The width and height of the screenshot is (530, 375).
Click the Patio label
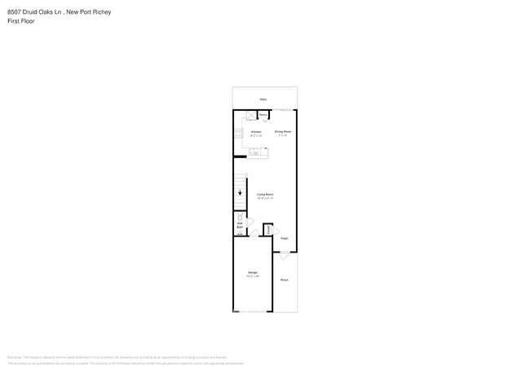tap(263, 99)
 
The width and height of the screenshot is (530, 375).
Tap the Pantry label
tap(264, 116)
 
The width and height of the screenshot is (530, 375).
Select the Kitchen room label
tap(255, 131)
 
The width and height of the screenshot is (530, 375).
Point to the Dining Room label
tap(283, 131)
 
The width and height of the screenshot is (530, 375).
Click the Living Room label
tap(265, 195)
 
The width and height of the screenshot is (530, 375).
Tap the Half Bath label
tap(240, 225)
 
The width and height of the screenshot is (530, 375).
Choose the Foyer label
tap(284, 239)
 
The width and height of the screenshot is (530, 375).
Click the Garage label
tap(252, 273)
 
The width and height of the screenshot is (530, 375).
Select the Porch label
tap(285, 280)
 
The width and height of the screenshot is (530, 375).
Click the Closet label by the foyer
tap(267, 230)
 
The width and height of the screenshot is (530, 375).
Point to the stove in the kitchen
tap(238, 133)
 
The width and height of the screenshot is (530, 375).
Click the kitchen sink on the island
tap(255, 152)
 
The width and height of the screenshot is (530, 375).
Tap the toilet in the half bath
tap(240, 218)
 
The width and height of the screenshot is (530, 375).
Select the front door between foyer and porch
tap(284, 255)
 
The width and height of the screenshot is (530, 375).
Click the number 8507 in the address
tap(15, 12)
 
